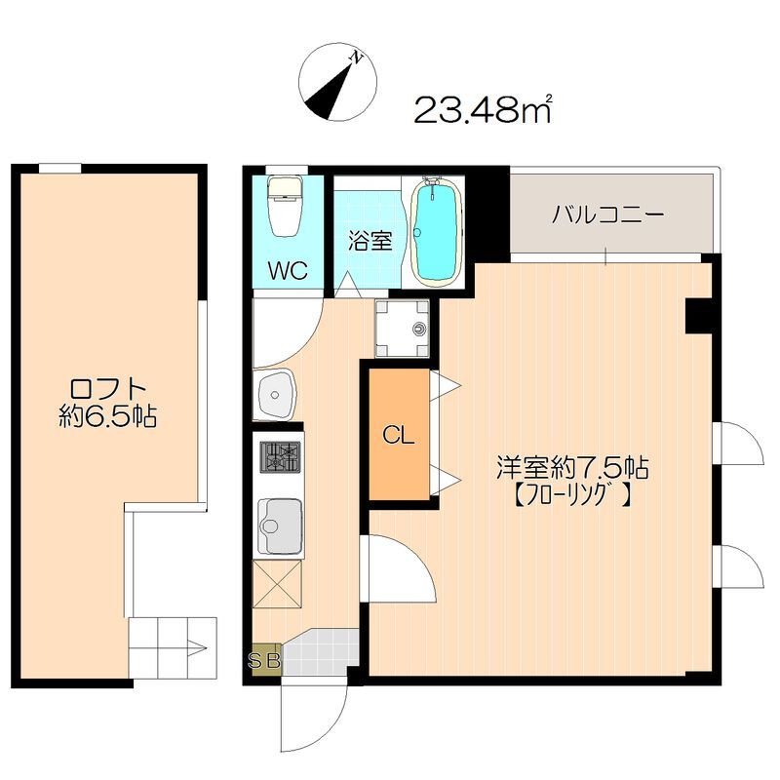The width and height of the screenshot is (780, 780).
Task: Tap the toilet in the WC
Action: coord(286,206)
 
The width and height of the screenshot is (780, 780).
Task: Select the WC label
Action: coord(287,269)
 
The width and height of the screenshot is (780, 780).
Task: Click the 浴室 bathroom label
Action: coord(370,239)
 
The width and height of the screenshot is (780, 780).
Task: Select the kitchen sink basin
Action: coord(280,525)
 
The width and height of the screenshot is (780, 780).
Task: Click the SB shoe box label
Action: coord(264,662)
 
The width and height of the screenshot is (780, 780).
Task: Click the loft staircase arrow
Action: coord(196,646)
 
